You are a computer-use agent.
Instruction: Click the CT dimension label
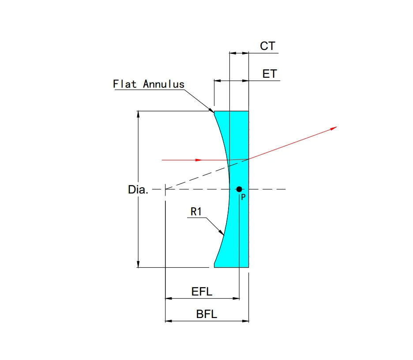coord(267,46)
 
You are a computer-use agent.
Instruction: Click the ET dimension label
coord(270,74)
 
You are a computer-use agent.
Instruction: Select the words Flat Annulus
coord(148,84)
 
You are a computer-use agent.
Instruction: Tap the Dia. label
coord(138,190)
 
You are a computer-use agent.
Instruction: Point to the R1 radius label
coord(196,212)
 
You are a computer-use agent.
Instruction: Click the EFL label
coord(202,292)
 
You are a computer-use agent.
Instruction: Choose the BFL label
coord(206,315)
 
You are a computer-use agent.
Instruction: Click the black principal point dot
coord(239,189)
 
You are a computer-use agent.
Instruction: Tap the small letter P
coord(243,197)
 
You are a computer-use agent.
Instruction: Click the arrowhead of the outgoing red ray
coord(334,128)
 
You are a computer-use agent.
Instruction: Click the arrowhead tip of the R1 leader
coord(223,234)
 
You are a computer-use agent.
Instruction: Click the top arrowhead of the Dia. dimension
coord(139,113)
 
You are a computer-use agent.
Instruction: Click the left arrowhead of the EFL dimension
coord(167,299)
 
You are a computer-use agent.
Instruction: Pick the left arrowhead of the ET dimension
coord(216,81)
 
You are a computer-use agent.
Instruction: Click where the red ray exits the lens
coord(249,159)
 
